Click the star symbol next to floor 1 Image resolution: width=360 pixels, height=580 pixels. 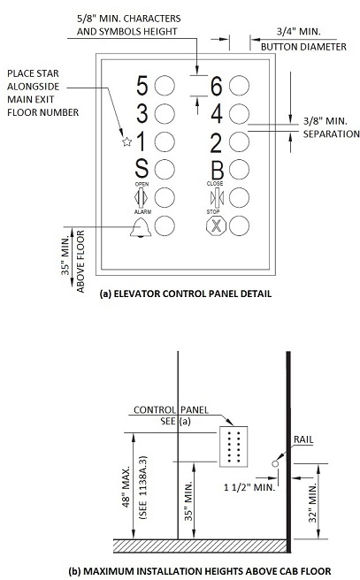(x=126, y=141)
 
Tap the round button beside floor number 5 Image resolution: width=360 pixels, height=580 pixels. (x=165, y=86)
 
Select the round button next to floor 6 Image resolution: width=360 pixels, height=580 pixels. (x=239, y=86)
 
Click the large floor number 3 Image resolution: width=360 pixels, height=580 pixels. (x=142, y=113)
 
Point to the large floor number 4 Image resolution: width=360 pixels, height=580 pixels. (x=217, y=113)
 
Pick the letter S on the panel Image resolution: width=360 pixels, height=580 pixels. (x=142, y=169)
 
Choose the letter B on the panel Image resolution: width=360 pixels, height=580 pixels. (x=218, y=170)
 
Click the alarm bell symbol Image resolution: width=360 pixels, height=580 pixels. (x=141, y=227)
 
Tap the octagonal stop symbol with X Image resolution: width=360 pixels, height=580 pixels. (x=216, y=225)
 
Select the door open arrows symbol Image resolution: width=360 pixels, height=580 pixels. (x=141, y=198)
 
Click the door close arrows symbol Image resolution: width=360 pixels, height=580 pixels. (x=217, y=198)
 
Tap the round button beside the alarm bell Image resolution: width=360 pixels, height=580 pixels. (x=165, y=225)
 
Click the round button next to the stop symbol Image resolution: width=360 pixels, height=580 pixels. (x=239, y=225)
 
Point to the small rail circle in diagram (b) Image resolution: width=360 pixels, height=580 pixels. (x=275, y=463)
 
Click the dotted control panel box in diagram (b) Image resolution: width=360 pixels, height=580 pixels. (x=234, y=446)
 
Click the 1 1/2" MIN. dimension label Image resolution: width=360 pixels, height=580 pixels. (x=249, y=487)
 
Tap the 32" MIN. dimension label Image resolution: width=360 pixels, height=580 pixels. (x=313, y=502)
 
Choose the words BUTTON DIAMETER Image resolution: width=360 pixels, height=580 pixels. (x=303, y=47)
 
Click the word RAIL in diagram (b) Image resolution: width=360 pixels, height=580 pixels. (x=303, y=439)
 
